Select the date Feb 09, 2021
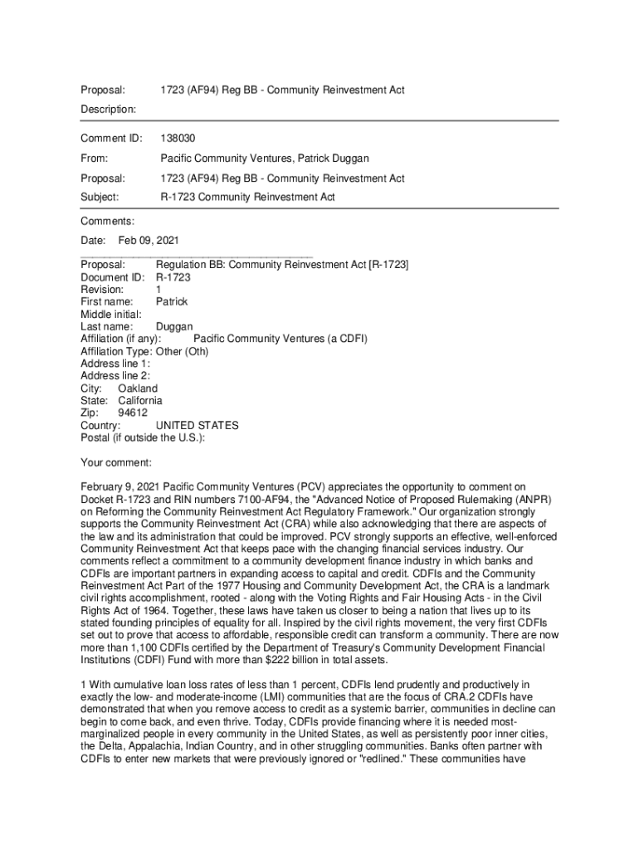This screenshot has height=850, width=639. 149,240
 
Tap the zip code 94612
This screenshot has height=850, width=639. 133,413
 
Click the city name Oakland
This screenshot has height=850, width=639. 138,388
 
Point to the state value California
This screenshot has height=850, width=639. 140,401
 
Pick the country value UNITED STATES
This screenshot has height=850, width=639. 198,425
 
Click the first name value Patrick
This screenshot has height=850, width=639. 172,301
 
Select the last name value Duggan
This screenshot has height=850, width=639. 174,326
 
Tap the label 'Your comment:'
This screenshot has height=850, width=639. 116,462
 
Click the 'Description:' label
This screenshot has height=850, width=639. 109,110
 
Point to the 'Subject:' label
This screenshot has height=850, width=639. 100,198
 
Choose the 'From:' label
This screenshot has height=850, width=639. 94,158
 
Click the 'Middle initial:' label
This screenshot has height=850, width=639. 111,314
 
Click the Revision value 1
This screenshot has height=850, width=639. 159,290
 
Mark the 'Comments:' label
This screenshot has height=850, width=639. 107,221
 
